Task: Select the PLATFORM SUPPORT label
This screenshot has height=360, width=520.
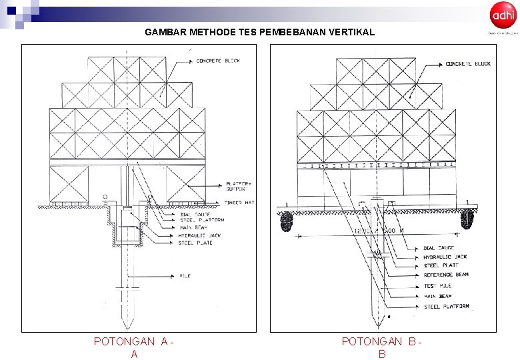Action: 238,187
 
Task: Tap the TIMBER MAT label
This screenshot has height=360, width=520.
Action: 239,202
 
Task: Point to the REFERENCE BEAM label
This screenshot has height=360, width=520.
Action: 446,275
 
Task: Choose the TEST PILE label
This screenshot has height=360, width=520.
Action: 437,285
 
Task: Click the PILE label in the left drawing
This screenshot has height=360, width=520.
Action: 185,275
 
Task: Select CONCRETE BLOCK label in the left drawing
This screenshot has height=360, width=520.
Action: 218,61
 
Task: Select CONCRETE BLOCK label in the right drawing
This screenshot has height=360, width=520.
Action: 468,64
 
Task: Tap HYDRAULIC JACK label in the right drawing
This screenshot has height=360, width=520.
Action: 445,257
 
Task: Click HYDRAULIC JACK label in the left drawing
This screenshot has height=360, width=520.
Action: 199,235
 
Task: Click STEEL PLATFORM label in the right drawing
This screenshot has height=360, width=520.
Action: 446,307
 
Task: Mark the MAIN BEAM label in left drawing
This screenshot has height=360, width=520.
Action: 192,227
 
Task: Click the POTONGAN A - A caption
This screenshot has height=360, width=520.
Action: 134,347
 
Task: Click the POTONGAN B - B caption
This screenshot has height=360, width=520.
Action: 381,347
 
